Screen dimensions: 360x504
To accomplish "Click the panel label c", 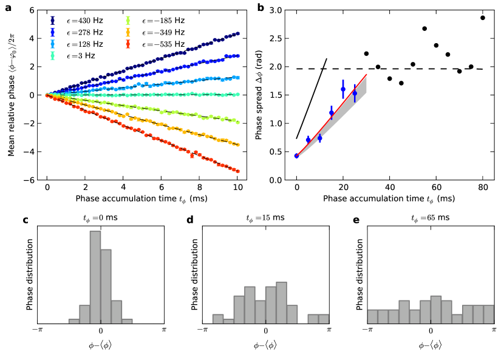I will point(26,220).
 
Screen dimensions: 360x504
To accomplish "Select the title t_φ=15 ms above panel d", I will point(265,217).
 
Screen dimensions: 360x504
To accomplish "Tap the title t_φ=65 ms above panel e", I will point(431,217).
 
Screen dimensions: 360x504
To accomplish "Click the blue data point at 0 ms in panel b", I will point(296,155).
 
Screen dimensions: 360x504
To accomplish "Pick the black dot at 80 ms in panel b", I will point(483,18).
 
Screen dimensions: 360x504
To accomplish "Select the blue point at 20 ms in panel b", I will point(343,89).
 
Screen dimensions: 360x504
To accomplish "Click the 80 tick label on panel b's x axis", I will point(483,188).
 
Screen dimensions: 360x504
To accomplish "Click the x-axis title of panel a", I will point(143,199).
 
